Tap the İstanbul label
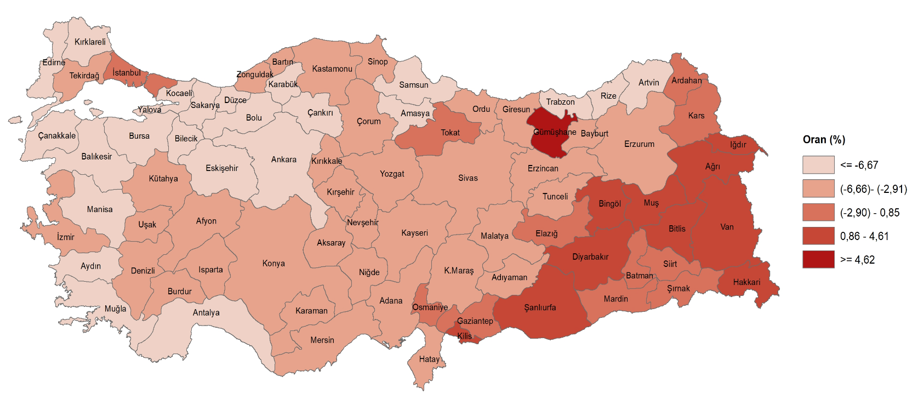[127, 73]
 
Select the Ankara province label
[283, 159]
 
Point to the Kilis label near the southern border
[464, 336]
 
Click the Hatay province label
[429, 359]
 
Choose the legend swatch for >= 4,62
[818, 259]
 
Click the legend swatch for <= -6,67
[818, 164]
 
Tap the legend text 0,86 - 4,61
[864, 236]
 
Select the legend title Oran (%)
[824, 140]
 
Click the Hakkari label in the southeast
[746, 282]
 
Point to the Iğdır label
[738, 145]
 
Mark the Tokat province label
[450, 133]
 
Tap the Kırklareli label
[90, 42]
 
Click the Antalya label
[206, 312]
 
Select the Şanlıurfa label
[540, 307]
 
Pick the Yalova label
[149, 110]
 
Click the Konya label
[273, 264]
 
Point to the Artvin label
[648, 83]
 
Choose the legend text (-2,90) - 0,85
[869, 213]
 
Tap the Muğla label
[115, 309]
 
